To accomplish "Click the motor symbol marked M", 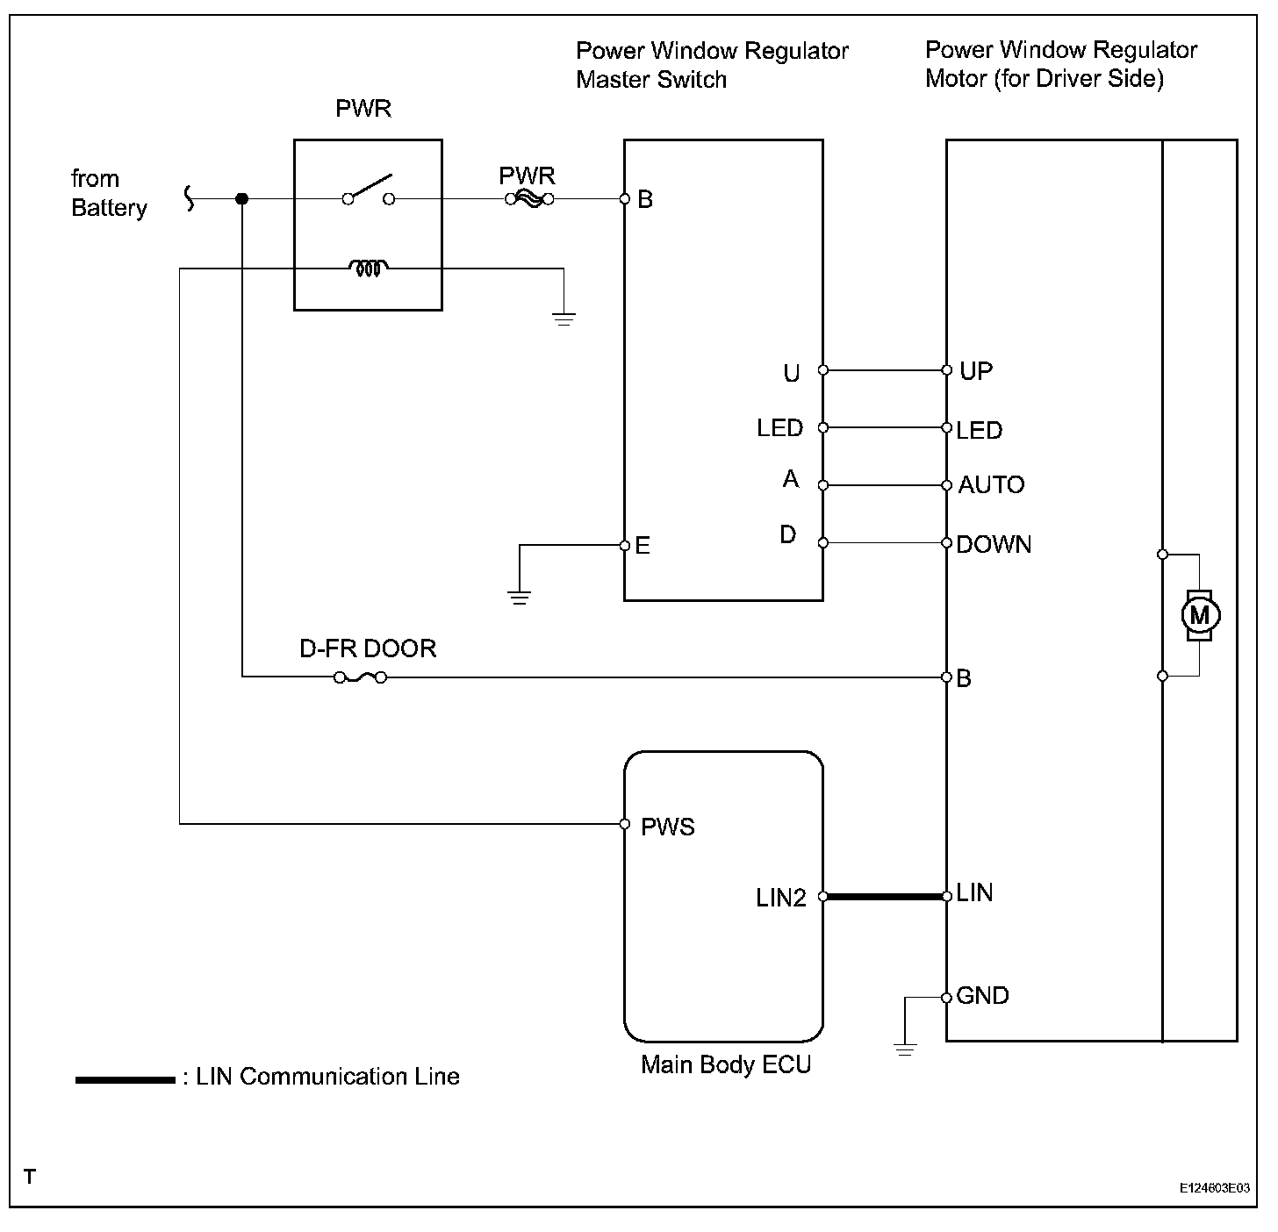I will [x=1198, y=615].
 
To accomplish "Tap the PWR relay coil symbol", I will [x=367, y=269].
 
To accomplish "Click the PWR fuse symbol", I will [x=528, y=199].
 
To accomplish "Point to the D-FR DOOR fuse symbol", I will [x=360, y=677].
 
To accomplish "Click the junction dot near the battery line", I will [x=242, y=199].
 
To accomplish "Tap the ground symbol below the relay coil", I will [x=564, y=317].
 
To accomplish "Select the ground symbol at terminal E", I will [x=520, y=598].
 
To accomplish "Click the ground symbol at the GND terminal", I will [x=904, y=1047].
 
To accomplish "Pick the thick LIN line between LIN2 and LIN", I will [x=885, y=897].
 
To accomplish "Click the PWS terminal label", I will [x=668, y=827].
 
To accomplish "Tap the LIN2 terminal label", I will [x=780, y=899].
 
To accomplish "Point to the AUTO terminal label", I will [x=991, y=485].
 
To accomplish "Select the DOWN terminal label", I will [x=994, y=545].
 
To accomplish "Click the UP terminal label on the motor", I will [x=976, y=371].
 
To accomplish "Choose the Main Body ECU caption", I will [x=726, y=1064].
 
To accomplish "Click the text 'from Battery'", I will [x=109, y=193].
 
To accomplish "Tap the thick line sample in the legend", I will [x=125, y=1079].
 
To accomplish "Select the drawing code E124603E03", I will [x=1215, y=1188].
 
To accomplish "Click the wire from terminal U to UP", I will [x=885, y=370].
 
